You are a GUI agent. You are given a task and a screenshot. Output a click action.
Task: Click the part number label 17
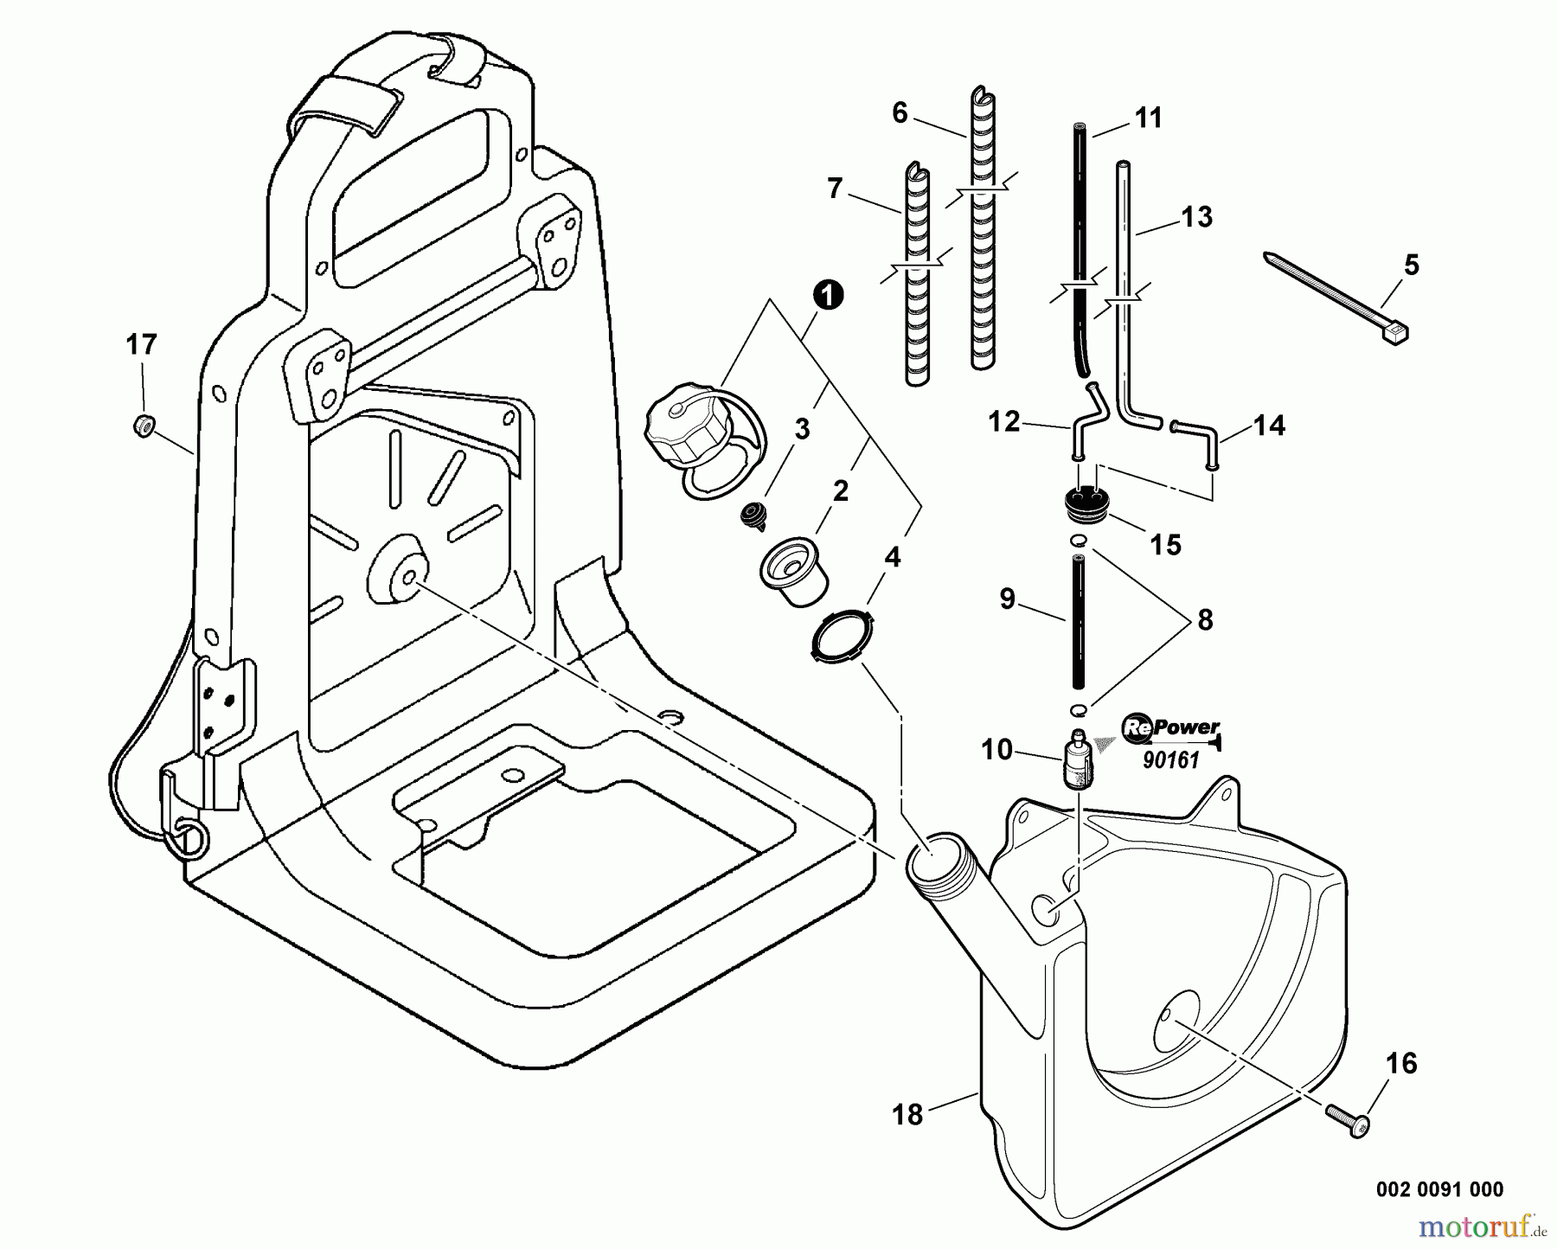[x=141, y=345]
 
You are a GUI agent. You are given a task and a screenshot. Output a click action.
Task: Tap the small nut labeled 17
[x=143, y=425]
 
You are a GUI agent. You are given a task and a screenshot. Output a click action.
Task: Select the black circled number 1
[x=828, y=296]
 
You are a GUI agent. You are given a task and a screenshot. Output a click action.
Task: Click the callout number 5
[x=1411, y=265]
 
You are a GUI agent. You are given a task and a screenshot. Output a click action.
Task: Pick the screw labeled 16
[x=1345, y=1122]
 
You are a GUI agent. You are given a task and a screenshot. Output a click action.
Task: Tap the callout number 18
[x=907, y=1115]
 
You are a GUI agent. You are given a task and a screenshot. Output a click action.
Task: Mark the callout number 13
[x=1197, y=216]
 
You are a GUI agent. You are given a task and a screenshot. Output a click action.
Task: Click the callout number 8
[x=1204, y=619]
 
